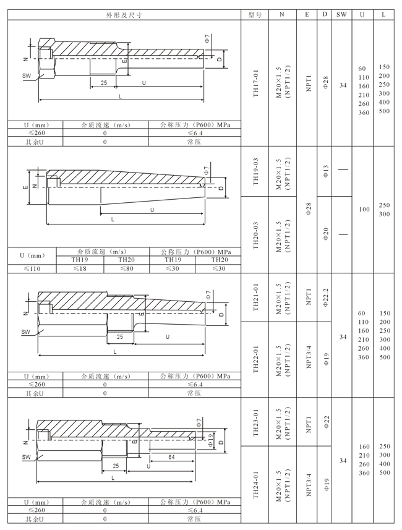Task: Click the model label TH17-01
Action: click(255, 83)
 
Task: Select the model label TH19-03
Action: click(255, 171)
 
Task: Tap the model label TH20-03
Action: click(255, 235)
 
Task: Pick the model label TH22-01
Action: click(255, 359)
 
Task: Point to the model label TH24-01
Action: click(255, 485)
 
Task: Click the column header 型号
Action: click(255, 15)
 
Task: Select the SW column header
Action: click(341, 15)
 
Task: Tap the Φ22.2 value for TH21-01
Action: click(325, 297)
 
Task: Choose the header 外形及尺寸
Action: click(124, 15)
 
